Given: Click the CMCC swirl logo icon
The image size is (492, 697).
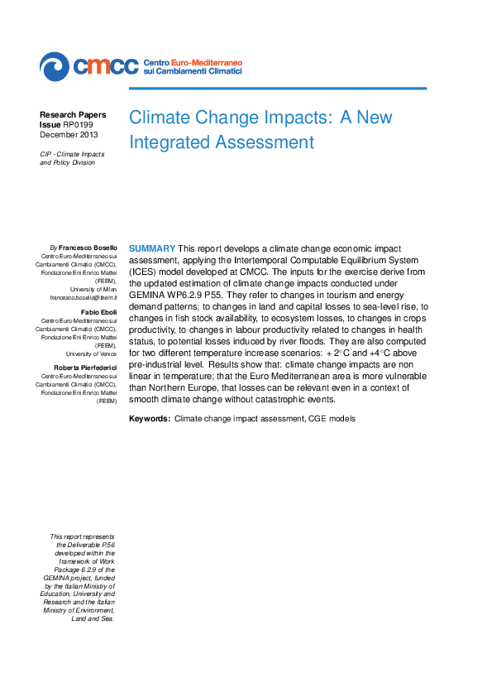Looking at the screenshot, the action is click(x=55, y=65).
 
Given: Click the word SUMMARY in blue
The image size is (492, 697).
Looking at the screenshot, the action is click(x=151, y=248).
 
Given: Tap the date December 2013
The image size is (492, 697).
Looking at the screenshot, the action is click(x=69, y=134).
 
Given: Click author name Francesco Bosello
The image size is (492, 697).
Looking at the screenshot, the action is click(x=88, y=248).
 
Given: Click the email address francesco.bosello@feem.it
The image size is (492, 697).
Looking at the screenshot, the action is click(x=84, y=296).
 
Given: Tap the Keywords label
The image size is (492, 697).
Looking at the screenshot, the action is click(x=150, y=419).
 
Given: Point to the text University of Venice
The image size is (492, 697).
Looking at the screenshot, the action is click(x=94, y=353).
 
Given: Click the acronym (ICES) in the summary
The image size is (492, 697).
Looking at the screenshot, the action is click(x=146, y=272).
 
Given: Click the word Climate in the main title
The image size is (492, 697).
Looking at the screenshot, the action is click(x=160, y=117).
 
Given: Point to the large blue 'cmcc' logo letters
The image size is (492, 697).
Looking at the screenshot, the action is click(x=105, y=65).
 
